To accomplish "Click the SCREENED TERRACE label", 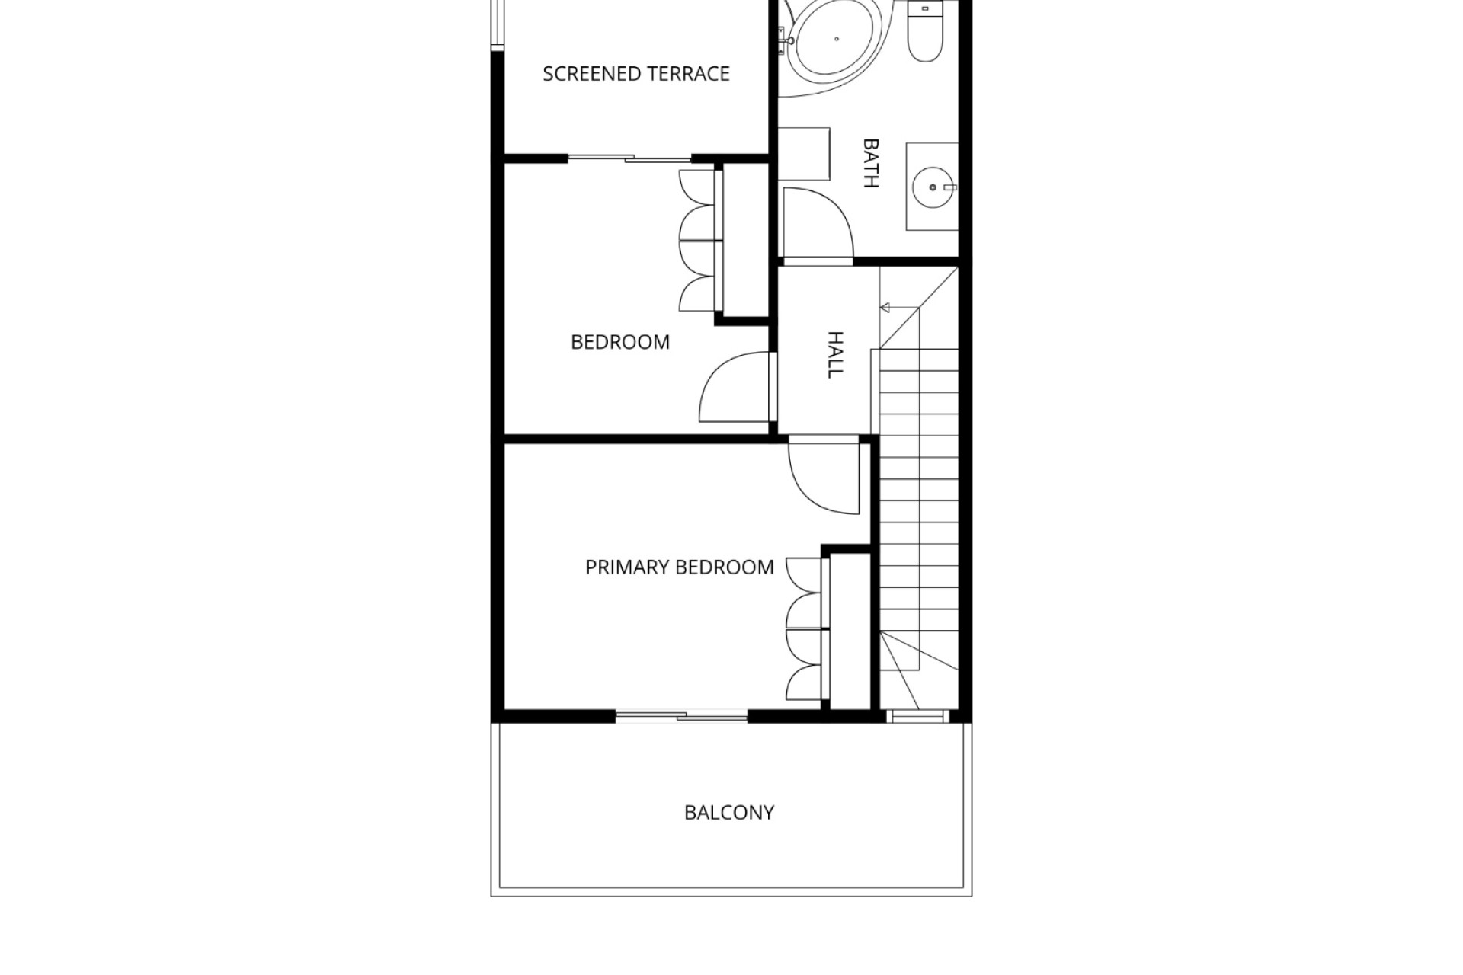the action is pos(636,74).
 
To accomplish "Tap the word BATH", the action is pos(870,162).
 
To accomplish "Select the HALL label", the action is pos(835,354).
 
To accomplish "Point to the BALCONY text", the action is pos(729,813).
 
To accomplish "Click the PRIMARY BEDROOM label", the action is pos(680,567).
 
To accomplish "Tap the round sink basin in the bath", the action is pos(933,187).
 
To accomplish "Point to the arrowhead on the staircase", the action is pos(885,308).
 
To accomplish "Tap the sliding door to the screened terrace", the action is pos(630,158).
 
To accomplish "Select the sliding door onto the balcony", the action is pos(681,715).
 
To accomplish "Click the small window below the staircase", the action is pos(917,716).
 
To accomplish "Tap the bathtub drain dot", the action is pos(837,38).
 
